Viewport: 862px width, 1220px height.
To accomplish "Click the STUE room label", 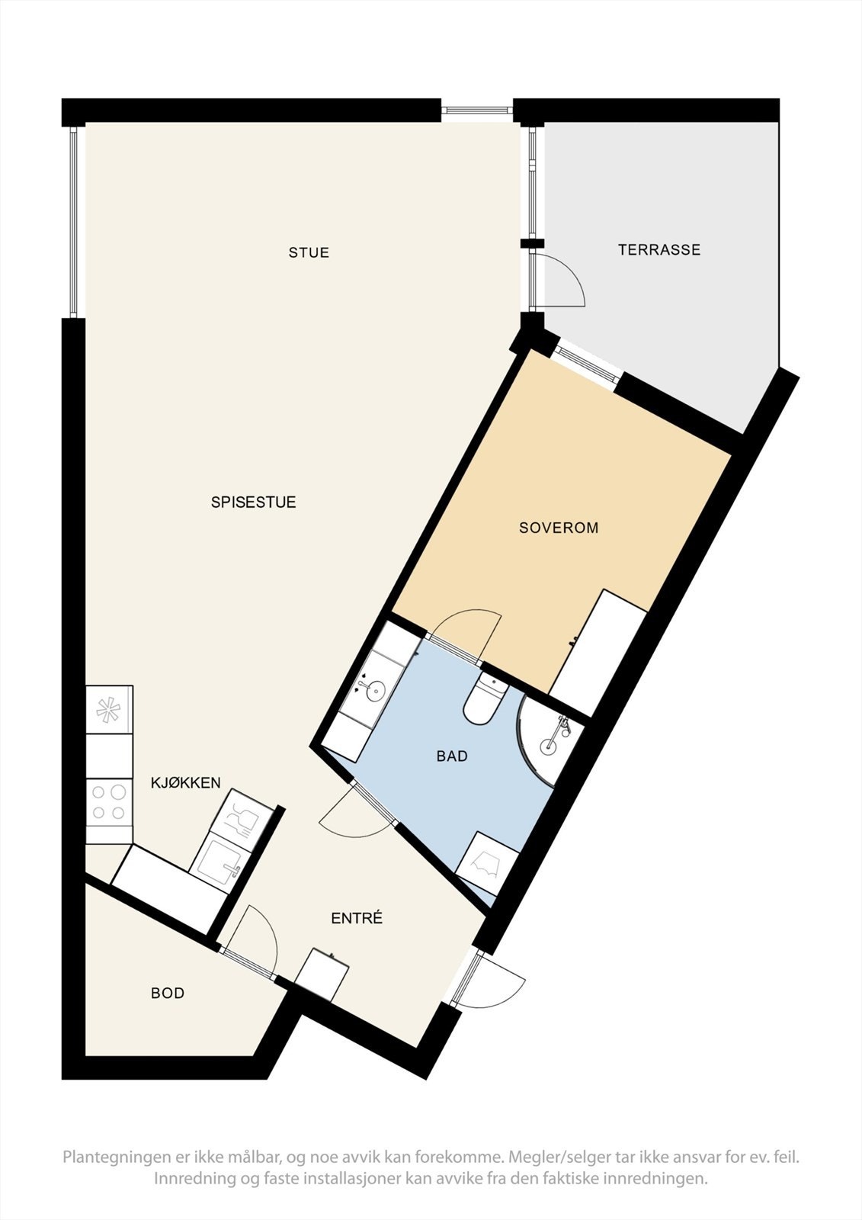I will [x=309, y=252].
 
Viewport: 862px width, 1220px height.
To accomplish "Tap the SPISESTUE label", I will [x=253, y=502].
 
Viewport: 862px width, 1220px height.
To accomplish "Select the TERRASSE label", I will [x=659, y=250].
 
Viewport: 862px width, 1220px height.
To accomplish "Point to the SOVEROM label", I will [x=559, y=528].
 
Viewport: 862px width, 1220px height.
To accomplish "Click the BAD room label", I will [x=452, y=756].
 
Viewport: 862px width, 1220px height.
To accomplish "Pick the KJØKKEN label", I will [x=185, y=782].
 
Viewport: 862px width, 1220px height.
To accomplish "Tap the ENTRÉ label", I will [x=357, y=919].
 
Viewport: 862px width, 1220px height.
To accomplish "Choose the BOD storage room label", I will [x=168, y=994].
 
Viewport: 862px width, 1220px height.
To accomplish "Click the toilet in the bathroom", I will [x=485, y=700].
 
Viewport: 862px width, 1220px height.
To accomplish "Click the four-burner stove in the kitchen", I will [x=109, y=802].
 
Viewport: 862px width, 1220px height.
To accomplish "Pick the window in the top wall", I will [x=477, y=111].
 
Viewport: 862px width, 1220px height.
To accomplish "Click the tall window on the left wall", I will [x=74, y=221].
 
